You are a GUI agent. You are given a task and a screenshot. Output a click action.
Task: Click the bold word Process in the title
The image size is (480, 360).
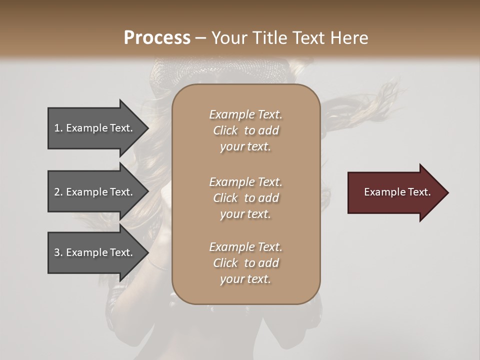tap(157, 38)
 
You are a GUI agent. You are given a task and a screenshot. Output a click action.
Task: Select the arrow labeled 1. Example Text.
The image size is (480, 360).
tap(95, 128)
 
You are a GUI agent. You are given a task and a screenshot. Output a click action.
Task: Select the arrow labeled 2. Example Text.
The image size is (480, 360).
tap(95, 192)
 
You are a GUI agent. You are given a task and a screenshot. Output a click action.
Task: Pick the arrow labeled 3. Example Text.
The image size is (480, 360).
tap(95, 252)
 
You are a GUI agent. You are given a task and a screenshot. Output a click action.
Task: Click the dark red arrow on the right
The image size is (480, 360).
tap(395, 192)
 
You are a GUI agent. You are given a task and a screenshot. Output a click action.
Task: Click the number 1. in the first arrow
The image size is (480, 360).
tap(58, 128)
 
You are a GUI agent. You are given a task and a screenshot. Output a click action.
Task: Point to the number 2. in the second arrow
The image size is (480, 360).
tap(58, 192)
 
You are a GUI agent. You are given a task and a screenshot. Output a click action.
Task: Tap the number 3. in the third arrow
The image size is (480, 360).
tap(58, 252)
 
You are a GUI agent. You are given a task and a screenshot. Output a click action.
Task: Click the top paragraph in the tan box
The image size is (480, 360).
tap(246, 130)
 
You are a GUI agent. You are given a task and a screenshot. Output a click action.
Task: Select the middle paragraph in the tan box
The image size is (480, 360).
tap(246, 198)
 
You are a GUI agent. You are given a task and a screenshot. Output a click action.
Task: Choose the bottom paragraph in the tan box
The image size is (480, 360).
tap(246, 263)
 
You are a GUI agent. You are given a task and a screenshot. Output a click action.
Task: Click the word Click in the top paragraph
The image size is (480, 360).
tap(225, 130)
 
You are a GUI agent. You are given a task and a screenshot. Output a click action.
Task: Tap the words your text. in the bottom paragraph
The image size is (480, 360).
tap(245, 279)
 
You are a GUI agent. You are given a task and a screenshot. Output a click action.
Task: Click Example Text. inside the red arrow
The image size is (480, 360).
tap(397, 192)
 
